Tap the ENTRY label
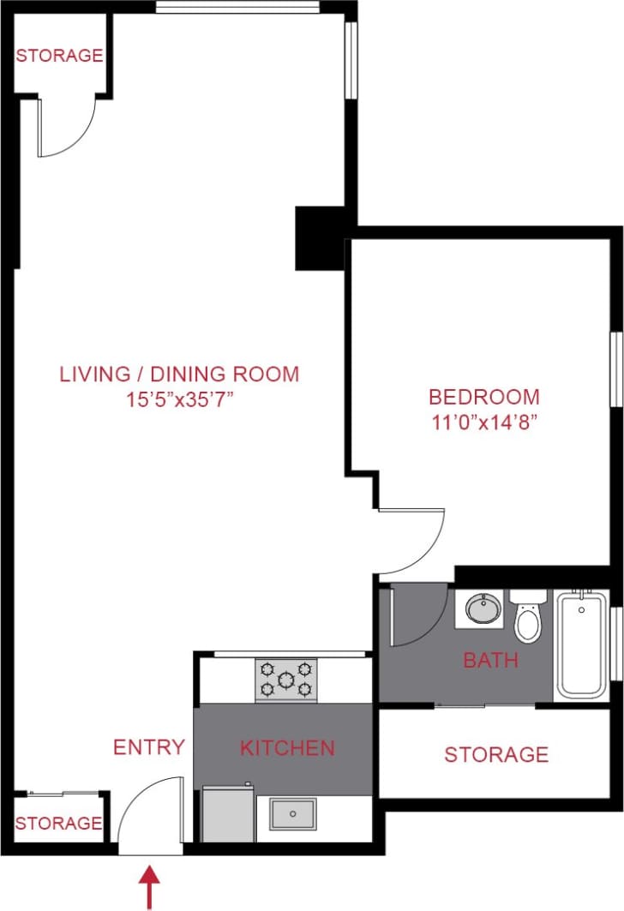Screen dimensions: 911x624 pyautogui.click(x=149, y=747)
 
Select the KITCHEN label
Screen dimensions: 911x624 pyautogui.click(x=287, y=747)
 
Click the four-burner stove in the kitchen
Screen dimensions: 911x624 pyautogui.click(x=285, y=679)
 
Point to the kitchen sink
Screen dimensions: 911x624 pyautogui.click(x=293, y=813)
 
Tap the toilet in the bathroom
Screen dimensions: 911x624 pyautogui.click(x=528, y=617)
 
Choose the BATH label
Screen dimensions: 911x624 pyautogui.click(x=490, y=660)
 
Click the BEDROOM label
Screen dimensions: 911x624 pyautogui.click(x=484, y=398)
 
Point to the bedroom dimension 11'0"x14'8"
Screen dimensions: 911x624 pyautogui.click(x=484, y=423)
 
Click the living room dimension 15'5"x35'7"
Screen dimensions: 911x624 pyautogui.click(x=179, y=399)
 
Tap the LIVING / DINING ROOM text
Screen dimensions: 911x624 pyautogui.click(x=179, y=375)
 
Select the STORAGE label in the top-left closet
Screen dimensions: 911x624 pyautogui.click(x=60, y=56)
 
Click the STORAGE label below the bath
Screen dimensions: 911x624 pyautogui.click(x=496, y=754)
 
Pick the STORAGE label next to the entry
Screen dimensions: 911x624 pyautogui.click(x=59, y=824)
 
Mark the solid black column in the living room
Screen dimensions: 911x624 pyautogui.click(x=320, y=237)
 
